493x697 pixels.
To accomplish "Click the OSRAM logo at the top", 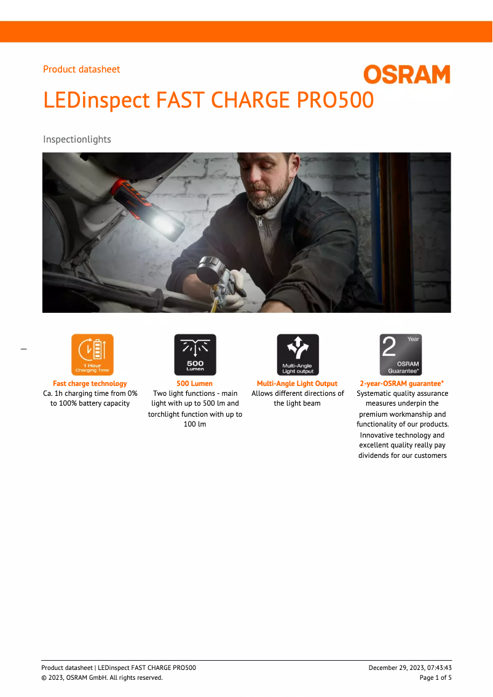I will tap(406, 75).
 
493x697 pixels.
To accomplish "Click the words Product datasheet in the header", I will tap(81, 69).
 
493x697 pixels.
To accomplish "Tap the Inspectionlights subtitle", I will tap(77, 140).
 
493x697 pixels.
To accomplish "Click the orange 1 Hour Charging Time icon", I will tap(92, 355).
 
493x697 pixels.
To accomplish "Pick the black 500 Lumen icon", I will tap(195, 355).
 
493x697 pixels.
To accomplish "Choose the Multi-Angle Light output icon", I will tap(298, 355).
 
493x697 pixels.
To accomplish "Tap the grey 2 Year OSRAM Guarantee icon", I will tap(401, 355).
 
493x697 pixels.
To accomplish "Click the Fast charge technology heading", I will tap(90, 384).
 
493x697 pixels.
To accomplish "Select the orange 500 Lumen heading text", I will tap(195, 384).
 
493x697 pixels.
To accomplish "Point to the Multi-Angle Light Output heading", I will tap(297, 384).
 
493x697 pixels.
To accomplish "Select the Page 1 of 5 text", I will tap(435, 678).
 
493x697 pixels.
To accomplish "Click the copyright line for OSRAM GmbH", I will tap(102, 678).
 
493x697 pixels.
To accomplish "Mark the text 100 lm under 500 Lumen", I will tap(195, 425).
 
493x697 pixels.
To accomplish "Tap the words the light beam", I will tap(297, 404).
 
